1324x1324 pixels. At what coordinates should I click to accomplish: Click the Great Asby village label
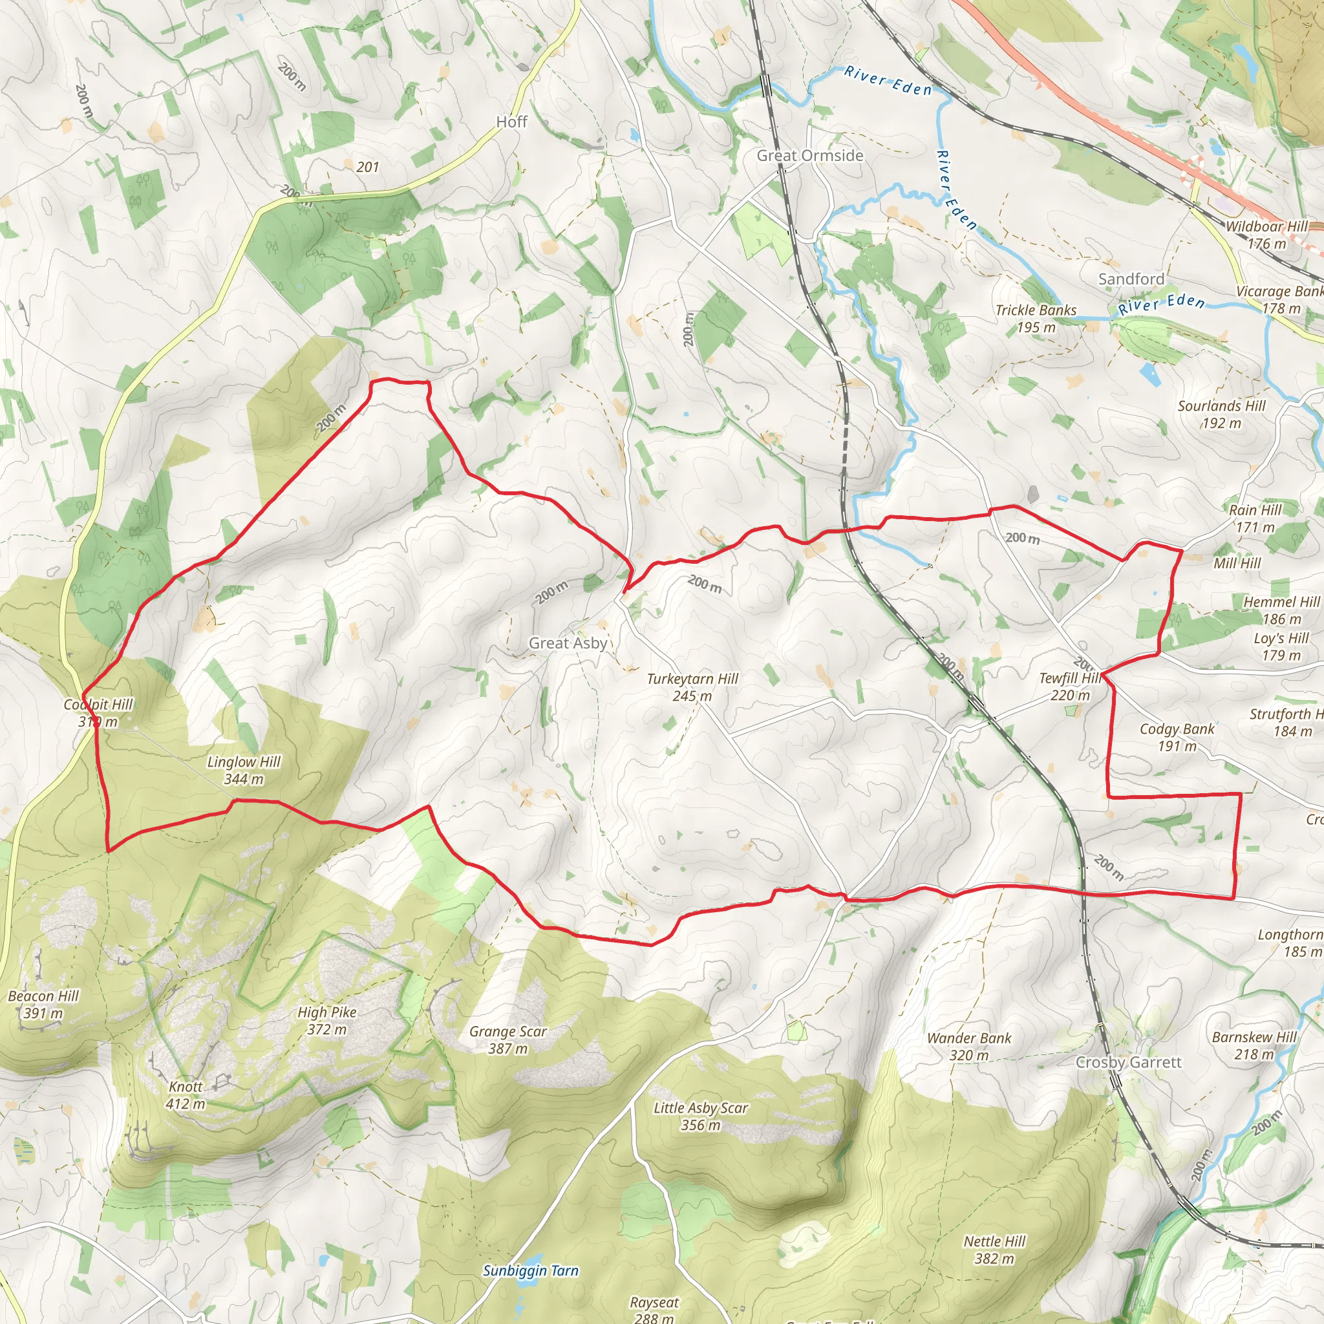pos(568,643)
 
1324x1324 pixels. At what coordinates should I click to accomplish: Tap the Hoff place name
pos(511,122)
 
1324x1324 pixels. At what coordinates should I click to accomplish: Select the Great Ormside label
pos(809,156)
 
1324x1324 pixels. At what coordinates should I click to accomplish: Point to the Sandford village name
pos(1131,279)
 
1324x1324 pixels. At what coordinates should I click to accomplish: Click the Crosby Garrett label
pos(1129,1062)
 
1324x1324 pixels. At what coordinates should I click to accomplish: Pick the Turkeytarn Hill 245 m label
pos(692,687)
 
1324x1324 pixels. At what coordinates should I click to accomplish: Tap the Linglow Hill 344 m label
pos(244,770)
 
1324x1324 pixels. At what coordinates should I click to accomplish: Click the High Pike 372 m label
pos(327,1020)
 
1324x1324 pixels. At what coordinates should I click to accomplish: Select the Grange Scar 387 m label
pos(507,1040)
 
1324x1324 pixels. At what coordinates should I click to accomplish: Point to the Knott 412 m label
pos(185,1095)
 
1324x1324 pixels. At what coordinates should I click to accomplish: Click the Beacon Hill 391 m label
pos(43,1004)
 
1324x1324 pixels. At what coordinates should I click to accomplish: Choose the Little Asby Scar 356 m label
pos(700,1116)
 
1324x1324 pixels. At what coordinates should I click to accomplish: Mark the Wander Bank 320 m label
pos(969,1047)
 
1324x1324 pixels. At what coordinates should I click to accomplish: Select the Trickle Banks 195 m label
pos(1036,319)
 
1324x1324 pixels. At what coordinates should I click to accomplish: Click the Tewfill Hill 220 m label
pos(1070,687)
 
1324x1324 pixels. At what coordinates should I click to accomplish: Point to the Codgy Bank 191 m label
pos(1177,738)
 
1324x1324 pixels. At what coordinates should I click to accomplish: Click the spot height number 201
pos(367,167)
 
